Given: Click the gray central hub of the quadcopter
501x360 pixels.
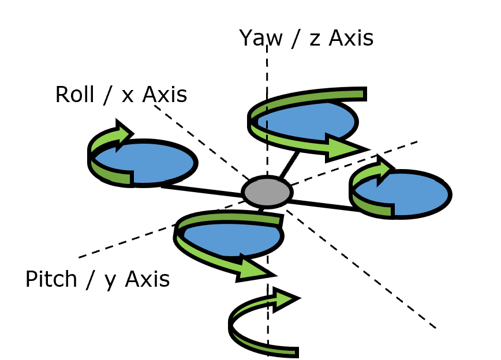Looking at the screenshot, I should click(267, 192).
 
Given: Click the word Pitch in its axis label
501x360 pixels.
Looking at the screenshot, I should click(51, 279).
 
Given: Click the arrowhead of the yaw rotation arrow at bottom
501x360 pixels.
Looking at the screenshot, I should click(285, 299).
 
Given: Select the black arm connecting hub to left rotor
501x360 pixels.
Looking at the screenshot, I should click(202, 190).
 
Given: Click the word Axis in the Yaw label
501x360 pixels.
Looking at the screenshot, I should click(352, 39).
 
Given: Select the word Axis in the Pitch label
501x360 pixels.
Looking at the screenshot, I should click(147, 279).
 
